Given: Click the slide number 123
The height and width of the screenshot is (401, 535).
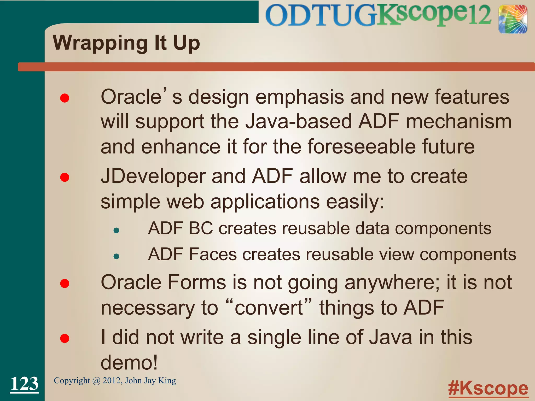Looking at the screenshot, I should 24,384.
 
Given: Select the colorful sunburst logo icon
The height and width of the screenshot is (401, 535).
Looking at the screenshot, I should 513,20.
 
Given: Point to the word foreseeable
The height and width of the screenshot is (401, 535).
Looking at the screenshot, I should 362,147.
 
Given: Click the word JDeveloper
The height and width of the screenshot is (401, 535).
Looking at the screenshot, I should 153,176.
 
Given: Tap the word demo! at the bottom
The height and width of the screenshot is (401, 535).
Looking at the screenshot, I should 129,363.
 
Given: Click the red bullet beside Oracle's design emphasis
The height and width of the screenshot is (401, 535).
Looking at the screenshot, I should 65,98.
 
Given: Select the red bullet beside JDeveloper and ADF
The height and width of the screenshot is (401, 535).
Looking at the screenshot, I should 65,178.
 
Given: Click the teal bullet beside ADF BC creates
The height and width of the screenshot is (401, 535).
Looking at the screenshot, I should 117,230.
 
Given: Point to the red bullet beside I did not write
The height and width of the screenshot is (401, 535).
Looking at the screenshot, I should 65,338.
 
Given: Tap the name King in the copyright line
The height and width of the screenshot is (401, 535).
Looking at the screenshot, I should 167,381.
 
